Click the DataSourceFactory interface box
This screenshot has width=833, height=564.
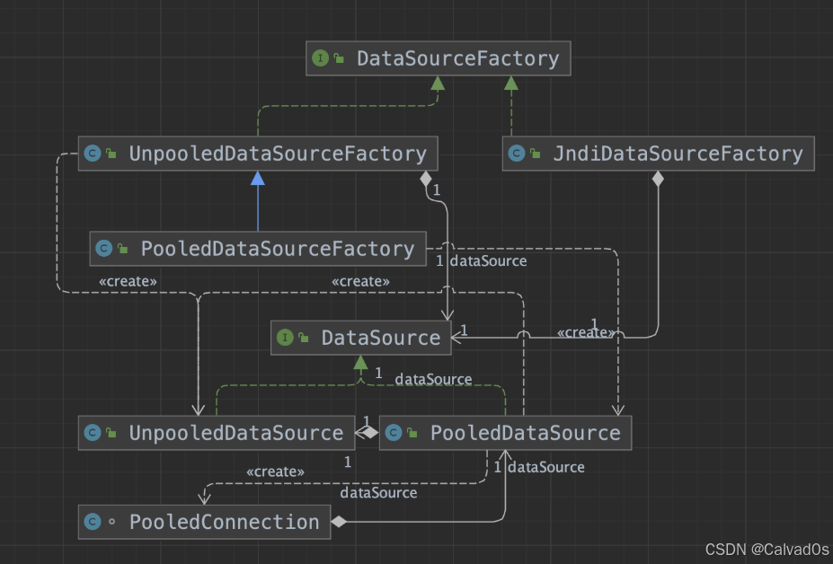click(x=438, y=58)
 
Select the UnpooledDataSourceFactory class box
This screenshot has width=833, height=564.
click(x=258, y=154)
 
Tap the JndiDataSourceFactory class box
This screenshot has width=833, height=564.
click(x=658, y=154)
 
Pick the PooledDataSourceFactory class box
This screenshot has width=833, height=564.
click(x=257, y=248)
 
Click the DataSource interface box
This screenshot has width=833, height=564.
click(x=359, y=338)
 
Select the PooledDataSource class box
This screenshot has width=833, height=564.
click(x=505, y=433)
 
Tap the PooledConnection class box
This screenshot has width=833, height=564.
click(x=204, y=522)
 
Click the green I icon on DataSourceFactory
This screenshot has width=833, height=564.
click(x=320, y=58)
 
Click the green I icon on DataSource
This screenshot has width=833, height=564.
click(x=285, y=338)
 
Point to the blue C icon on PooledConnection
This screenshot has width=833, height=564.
click(x=92, y=522)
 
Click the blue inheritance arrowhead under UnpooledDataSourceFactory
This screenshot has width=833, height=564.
click(x=258, y=178)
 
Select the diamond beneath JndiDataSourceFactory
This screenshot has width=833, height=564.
click(x=658, y=179)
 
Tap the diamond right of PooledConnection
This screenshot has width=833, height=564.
click(x=339, y=522)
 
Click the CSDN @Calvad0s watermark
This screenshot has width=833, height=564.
click(x=767, y=550)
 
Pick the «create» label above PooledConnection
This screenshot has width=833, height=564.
click(x=275, y=471)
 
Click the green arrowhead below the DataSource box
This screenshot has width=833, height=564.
click(x=360, y=363)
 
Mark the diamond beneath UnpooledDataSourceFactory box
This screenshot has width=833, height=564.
click(x=425, y=179)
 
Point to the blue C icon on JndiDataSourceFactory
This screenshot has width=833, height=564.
click(x=517, y=154)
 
